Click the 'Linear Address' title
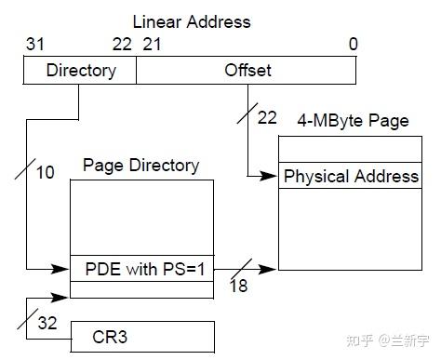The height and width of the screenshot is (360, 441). [192, 20]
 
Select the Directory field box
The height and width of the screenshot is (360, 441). [81, 70]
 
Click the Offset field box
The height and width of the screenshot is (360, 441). [246, 70]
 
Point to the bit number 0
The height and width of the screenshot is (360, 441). [352, 45]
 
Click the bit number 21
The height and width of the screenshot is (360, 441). [152, 45]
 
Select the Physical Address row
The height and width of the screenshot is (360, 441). [350, 177]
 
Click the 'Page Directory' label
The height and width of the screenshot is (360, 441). [141, 166]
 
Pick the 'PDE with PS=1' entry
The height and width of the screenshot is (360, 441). [141, 269]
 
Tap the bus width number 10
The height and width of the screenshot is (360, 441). [46, 172]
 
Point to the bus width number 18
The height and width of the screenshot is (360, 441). [238, 287]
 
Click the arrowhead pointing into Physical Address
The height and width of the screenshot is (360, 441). [273, 176]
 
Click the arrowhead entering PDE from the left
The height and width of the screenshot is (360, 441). [64, 269]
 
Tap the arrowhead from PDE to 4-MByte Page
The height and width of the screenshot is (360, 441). [272, 269]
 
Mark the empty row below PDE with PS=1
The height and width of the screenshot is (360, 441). [141, 289]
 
